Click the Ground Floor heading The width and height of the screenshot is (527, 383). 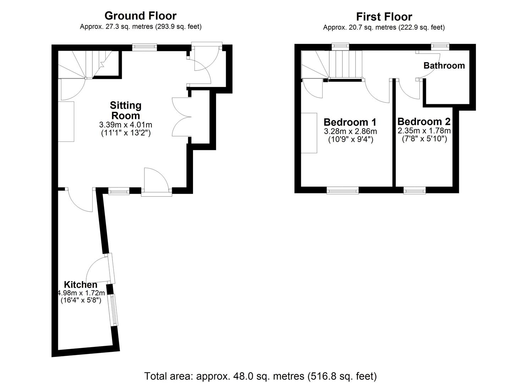[140, 16]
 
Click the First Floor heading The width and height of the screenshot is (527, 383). [384, 17]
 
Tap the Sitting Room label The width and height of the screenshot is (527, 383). [126, 110]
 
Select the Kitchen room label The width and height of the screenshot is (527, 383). [81, 284]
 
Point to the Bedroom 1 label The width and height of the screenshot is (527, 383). [350, 122]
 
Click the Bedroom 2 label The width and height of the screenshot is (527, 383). [424, 122]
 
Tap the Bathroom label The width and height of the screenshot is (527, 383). [444, 66]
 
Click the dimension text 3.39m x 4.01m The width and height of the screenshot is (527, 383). [126, 125]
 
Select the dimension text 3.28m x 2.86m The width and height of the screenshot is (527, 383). [350, 131]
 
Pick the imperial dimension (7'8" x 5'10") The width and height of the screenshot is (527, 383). [424, 139]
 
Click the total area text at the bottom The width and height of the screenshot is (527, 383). [260, 376]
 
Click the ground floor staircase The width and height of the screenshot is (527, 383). [87, 64]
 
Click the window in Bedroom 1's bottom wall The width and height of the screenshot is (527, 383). [342, 191]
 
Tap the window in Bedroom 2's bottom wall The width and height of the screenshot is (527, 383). [415, 191]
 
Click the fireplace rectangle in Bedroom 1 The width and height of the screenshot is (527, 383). [309, 133]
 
